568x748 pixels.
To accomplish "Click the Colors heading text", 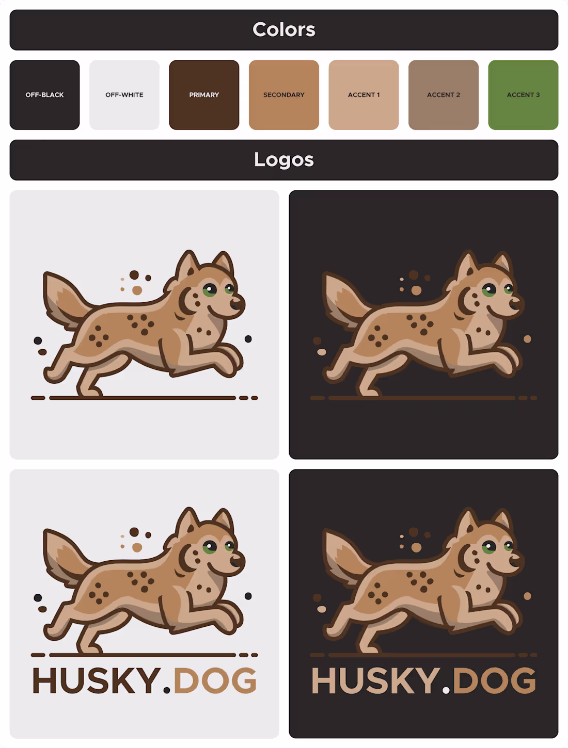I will pyautogui.click(x=283, y=29).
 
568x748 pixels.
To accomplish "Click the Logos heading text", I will pyautogui.click(x=283, y=159).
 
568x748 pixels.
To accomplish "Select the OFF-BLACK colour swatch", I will pyautogui.click(x=44, y=95).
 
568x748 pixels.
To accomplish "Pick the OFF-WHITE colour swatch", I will pyautogui.click(x=124, y=95).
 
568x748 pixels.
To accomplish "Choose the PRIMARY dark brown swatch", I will pyautogui.click(x=204, y=95).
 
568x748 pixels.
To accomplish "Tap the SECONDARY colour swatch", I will pyautogui.click(x=283, y=95).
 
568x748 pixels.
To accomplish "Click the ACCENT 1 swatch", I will pyautogui.click(x=364, y=95).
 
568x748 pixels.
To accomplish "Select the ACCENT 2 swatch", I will pyautogui.click(x=443, y=95).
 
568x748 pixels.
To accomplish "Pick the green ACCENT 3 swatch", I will pyautogui.click(x=523, y=95).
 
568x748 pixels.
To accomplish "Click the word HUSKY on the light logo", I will pyautogui.click(x=97, y=680).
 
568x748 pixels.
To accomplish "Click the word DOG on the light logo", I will pyautogui.click(x=215, y=680).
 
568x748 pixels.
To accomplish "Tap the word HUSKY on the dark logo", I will pyautogui.click(x=375, y=681).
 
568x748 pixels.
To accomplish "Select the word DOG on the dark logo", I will pyautogui.click(x=494, y=681).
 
